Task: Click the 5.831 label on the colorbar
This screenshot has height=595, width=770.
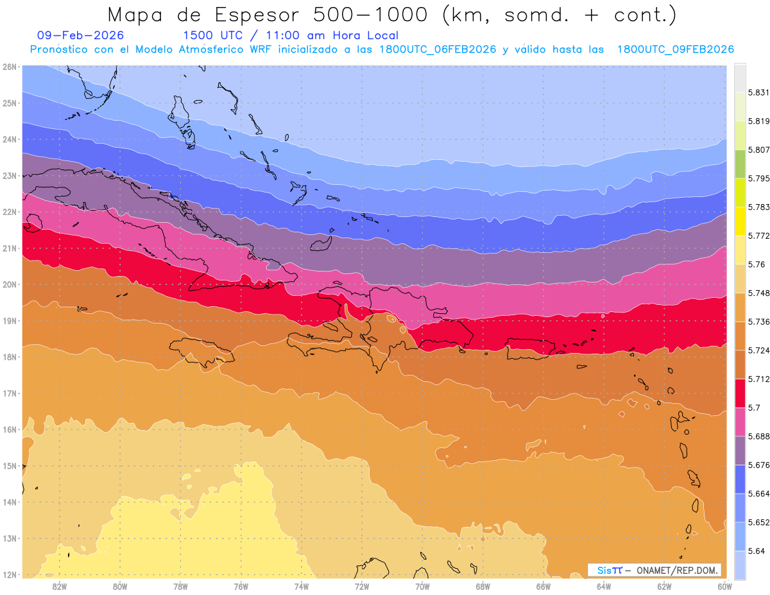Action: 758,92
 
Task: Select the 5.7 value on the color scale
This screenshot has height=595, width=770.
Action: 753,408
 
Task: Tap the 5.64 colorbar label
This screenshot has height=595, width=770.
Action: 756,551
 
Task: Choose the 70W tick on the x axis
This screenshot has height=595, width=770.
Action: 422,586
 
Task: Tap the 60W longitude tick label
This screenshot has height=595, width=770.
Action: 724,586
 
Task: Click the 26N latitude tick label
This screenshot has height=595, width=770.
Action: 10,67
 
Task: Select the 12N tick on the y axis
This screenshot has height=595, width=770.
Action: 10,574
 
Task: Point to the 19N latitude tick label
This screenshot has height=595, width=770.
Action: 10,320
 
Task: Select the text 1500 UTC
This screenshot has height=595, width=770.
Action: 214,35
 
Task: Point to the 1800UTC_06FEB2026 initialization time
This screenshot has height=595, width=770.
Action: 438,49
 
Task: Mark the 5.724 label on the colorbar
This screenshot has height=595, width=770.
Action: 758,350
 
